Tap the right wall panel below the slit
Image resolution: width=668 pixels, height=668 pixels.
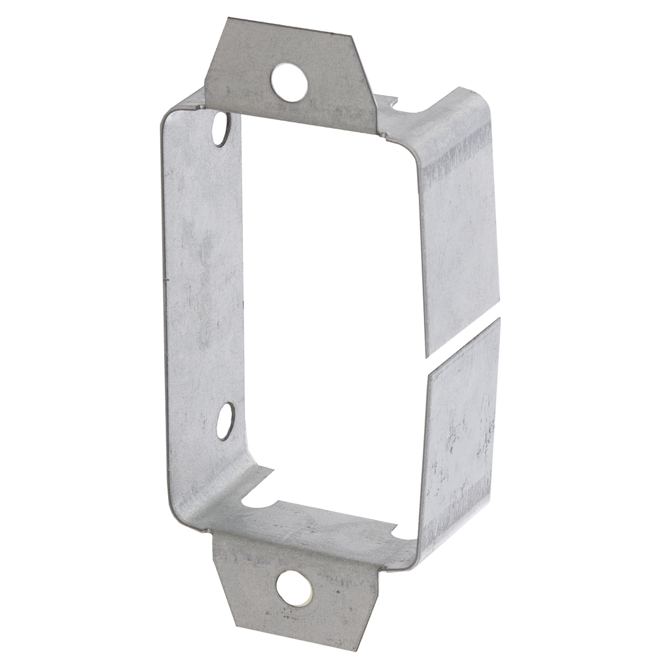[x=463, y=432]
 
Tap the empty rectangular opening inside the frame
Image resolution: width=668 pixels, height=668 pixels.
[x=330, y=284]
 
